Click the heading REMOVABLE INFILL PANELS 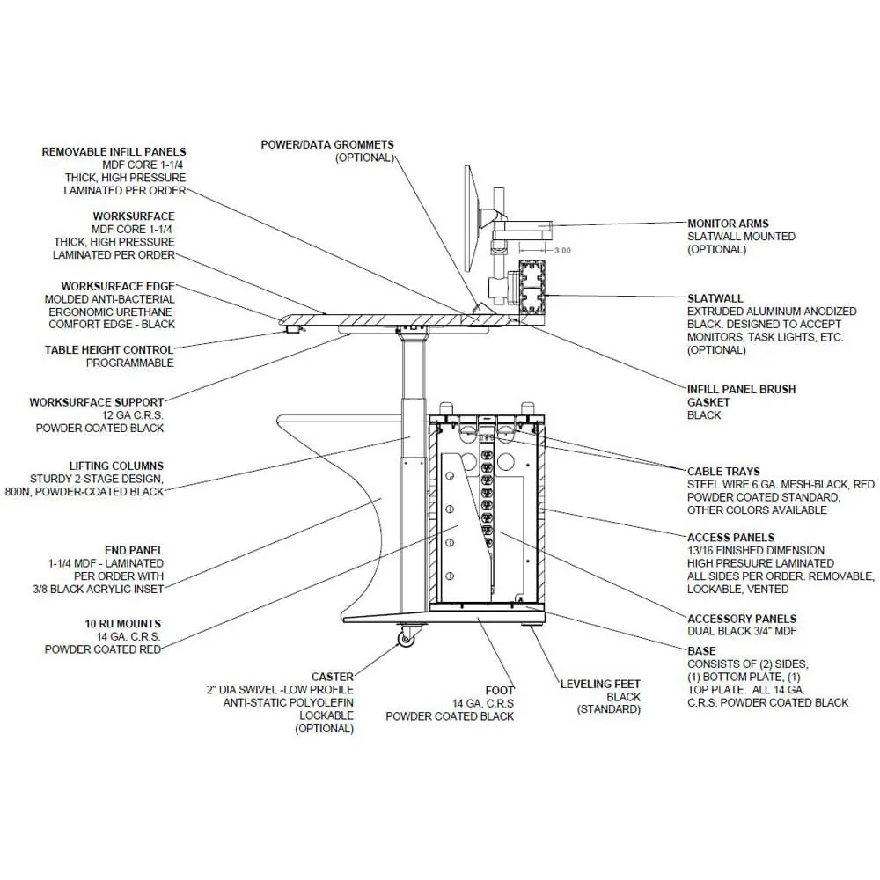114,151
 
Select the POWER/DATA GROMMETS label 327,144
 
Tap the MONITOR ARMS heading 728,224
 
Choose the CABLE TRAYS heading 723,472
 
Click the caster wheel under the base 406,638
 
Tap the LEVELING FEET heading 600,684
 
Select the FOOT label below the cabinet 500,691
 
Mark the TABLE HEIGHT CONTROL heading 109,350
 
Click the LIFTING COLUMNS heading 116,466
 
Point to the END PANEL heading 134,550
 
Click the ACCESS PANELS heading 730,537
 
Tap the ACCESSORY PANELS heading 742,619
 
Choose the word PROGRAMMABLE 129,363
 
